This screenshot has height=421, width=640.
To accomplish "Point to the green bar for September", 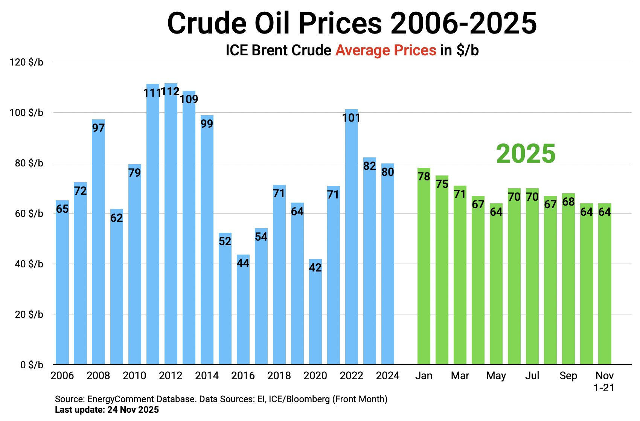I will [568, 282].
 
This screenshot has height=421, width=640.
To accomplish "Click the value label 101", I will [351, 118].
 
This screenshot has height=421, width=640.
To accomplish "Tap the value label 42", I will [315, 267].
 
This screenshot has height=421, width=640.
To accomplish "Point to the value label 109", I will [189, 99].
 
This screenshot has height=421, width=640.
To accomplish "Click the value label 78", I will [424, 176].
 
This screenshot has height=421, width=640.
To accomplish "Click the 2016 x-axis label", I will [243, 375].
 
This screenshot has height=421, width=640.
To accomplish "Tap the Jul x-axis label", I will [532, 375].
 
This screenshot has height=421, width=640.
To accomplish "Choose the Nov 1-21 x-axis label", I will [604, 381].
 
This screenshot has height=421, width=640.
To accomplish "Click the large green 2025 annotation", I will [526, 154].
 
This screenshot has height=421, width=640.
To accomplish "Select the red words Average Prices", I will [386, 50].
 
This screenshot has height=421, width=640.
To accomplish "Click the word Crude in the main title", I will [206, 23].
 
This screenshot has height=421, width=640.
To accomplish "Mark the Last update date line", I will [107, 410].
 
